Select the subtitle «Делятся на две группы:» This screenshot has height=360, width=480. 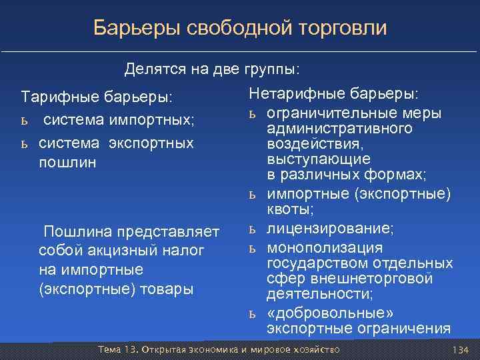212,69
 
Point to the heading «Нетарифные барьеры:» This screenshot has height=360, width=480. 334,93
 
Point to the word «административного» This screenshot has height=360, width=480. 339,128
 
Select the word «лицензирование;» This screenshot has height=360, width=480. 330,229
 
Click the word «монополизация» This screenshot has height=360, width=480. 325,247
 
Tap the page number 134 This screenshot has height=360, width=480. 460,350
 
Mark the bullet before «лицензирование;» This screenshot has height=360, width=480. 253,229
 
